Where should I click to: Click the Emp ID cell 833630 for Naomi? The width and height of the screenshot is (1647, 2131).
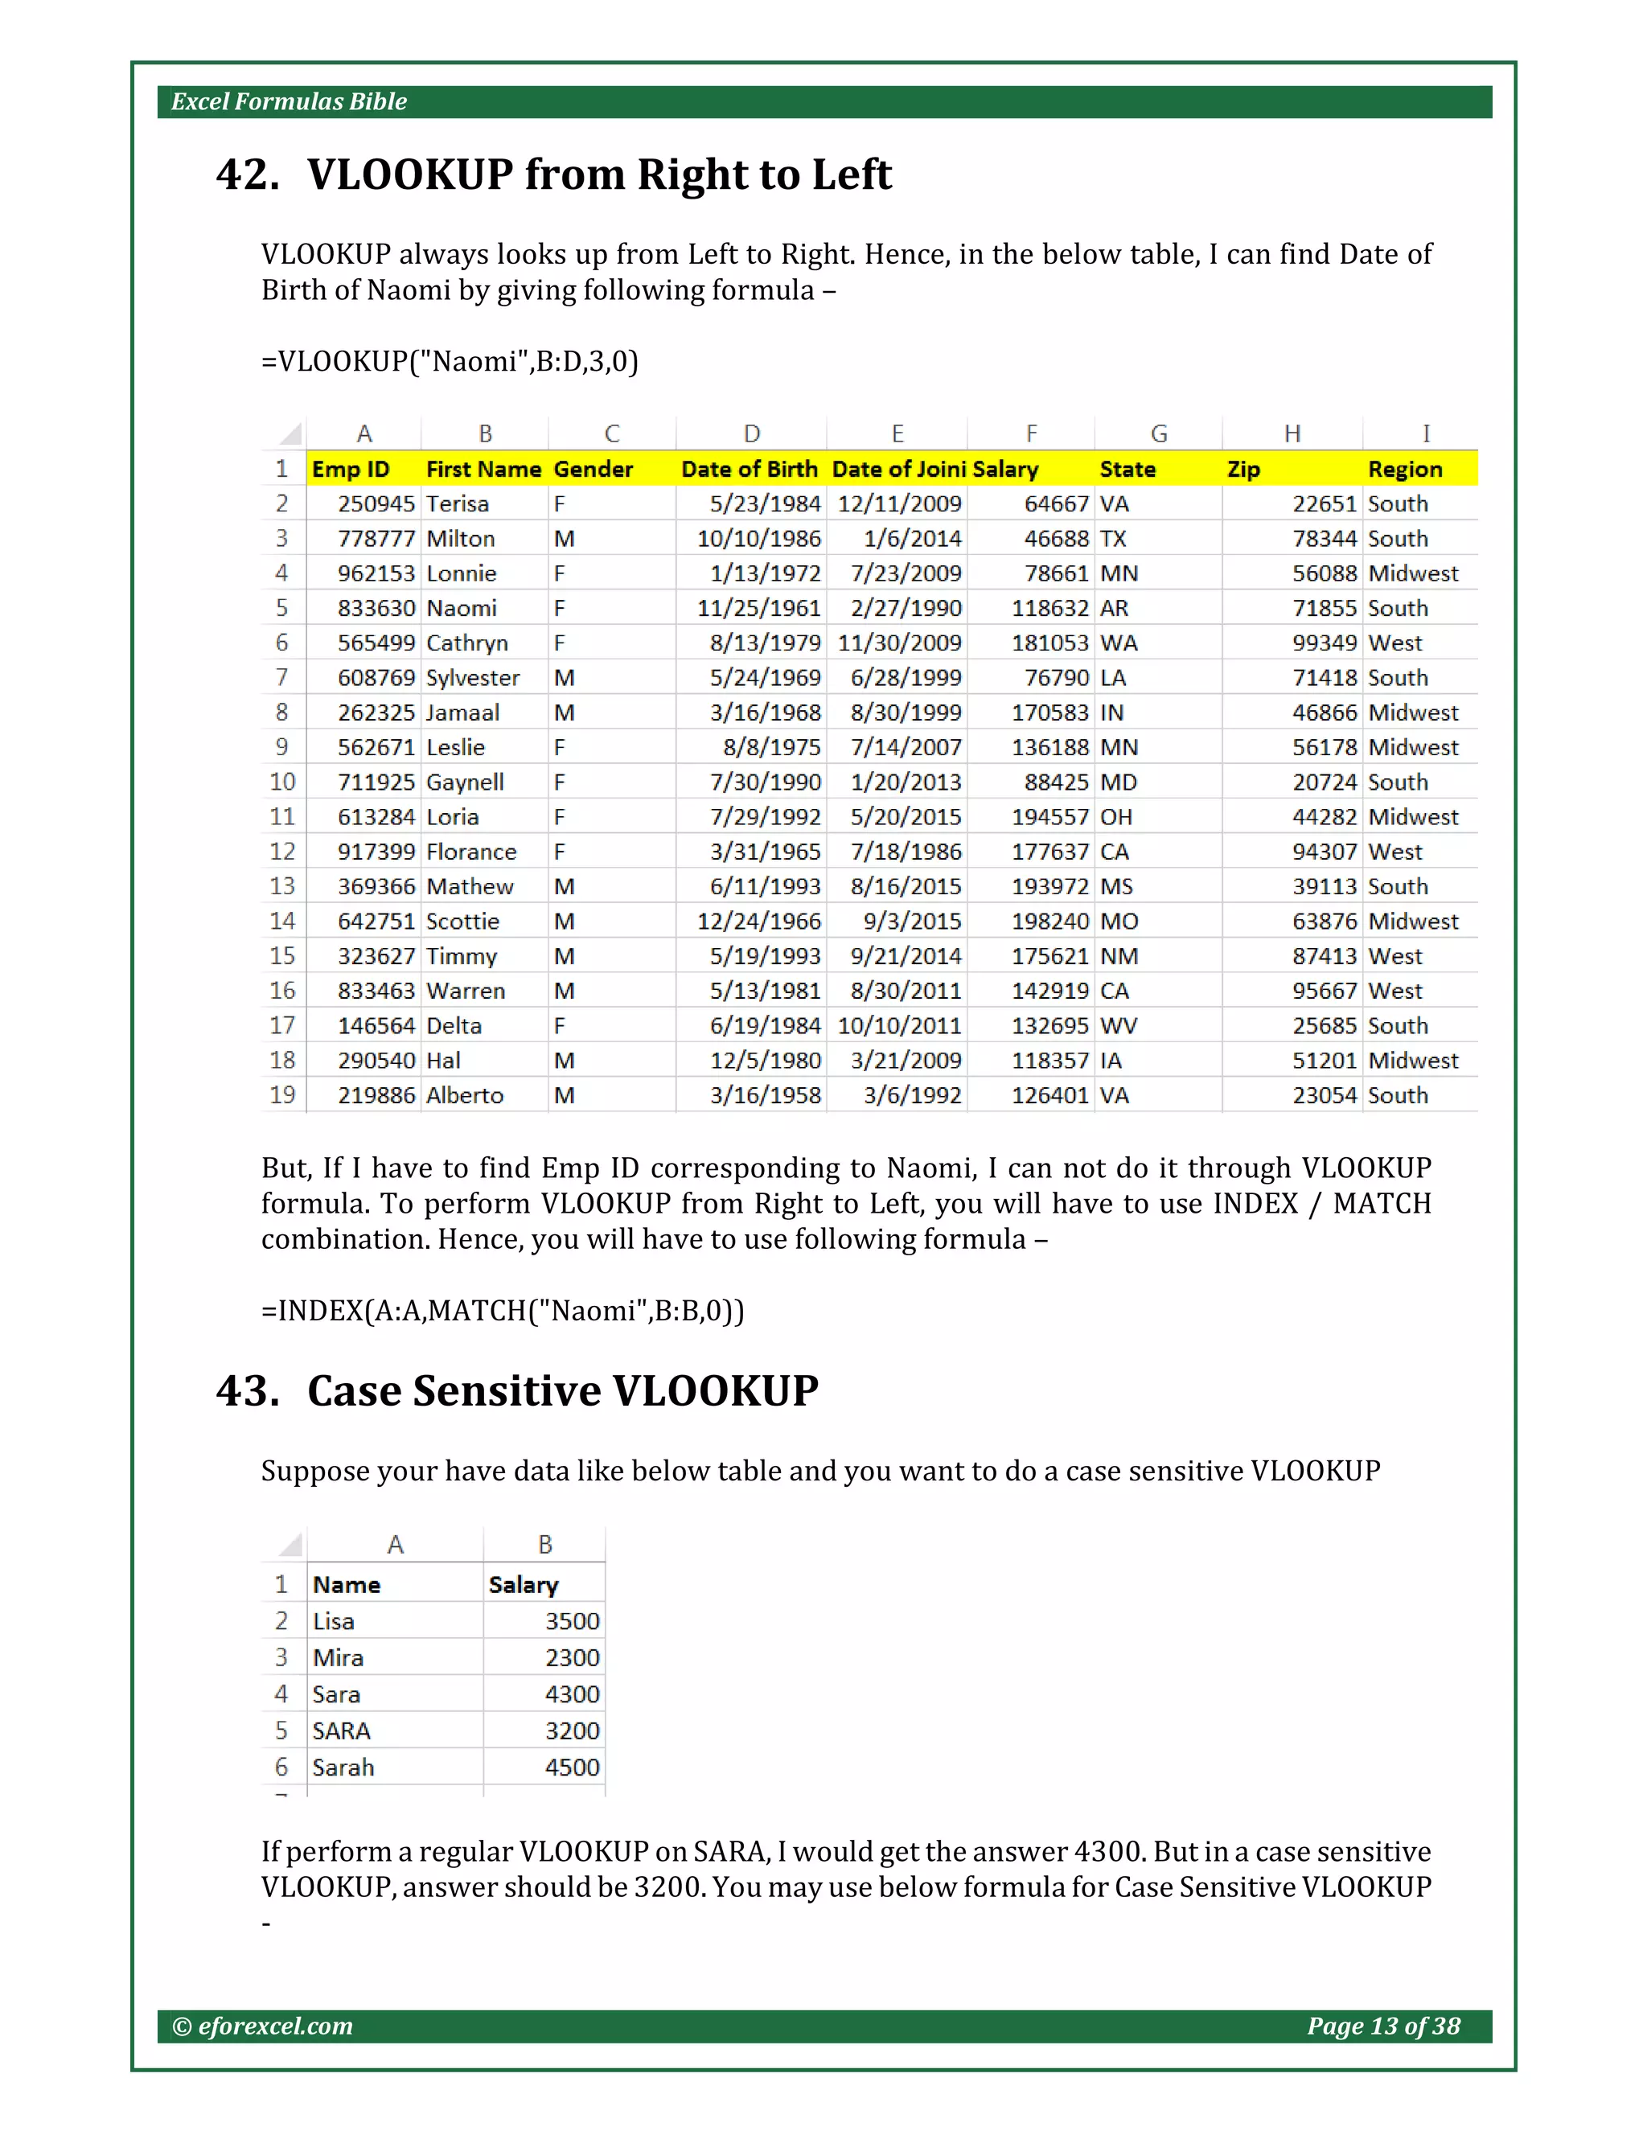pos(376,608)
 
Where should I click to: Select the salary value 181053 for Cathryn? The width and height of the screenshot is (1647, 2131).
pos(1049,643)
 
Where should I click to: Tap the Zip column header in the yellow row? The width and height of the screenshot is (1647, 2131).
pos(1243,470)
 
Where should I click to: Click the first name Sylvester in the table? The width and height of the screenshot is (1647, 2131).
pos(472,678)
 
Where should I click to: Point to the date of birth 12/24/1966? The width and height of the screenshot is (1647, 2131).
pos(758,921)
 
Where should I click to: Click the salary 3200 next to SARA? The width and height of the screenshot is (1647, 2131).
pos(572,1731)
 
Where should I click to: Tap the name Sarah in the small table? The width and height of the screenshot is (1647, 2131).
pos(343,1767)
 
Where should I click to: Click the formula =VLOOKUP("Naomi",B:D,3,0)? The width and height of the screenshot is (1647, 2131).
pos(450,361)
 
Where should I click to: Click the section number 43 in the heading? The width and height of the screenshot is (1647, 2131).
pos(247,1390)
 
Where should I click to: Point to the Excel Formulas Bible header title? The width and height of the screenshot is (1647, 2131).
pos(289,101)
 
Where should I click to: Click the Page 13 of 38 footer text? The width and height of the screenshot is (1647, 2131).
pos(1382,2026)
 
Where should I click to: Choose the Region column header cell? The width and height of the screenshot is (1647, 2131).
pos(1404,470)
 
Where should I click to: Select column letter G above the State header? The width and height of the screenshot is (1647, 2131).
pos(1158,433)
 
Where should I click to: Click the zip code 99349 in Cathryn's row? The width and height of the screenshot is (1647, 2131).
pos(1324,643)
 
